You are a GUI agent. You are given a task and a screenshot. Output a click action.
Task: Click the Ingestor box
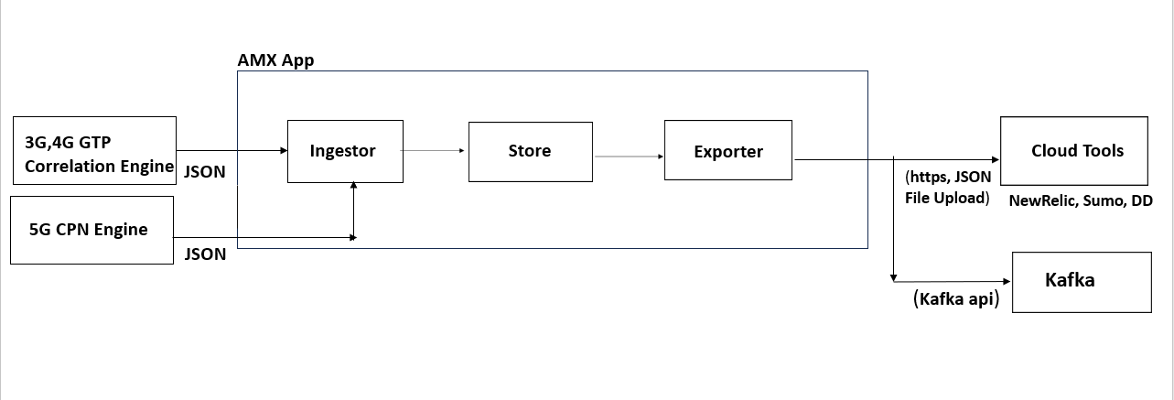343,151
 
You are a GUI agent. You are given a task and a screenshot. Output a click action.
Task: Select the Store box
530,151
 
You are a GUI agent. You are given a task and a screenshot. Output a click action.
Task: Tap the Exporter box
728,151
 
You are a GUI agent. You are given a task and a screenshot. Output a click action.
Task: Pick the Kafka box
1082,282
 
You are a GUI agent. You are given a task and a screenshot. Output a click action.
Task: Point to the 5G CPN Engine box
92,230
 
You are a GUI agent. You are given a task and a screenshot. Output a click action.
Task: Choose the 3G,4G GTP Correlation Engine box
94,154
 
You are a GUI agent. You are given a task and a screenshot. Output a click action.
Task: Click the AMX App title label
275,61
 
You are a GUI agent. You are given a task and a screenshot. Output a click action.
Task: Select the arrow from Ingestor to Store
435,150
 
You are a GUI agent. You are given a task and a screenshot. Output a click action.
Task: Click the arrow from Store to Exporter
629,156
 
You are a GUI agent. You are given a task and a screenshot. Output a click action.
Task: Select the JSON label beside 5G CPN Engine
205,254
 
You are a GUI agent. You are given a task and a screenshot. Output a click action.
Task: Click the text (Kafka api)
955,299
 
